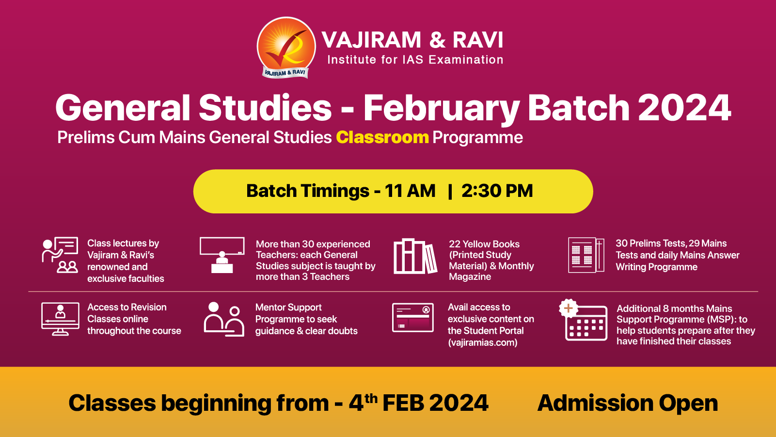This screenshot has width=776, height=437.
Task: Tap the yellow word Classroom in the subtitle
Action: coord(382,138)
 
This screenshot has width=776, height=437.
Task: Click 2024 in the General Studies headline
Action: coord(684,108)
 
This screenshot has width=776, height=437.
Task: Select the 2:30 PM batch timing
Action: coord(497,191)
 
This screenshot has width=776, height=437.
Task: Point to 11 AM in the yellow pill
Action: coord(410,191)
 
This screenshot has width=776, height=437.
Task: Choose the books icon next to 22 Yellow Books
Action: coord(415,256)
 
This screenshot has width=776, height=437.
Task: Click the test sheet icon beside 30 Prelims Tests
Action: coord(586,255)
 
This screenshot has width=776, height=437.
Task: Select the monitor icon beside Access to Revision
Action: coord(60,319)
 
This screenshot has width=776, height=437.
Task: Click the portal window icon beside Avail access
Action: coord(413,318)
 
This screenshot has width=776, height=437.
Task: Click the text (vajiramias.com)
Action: coord(482,342)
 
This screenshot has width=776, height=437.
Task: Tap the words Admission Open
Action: coord(627,403)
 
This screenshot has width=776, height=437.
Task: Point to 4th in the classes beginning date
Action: coord(363,403)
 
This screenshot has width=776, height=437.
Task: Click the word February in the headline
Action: coord(442,108)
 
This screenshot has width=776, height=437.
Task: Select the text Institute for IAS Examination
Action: coord(415,60)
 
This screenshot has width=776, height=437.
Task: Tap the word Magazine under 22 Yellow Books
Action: coord(470,277)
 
